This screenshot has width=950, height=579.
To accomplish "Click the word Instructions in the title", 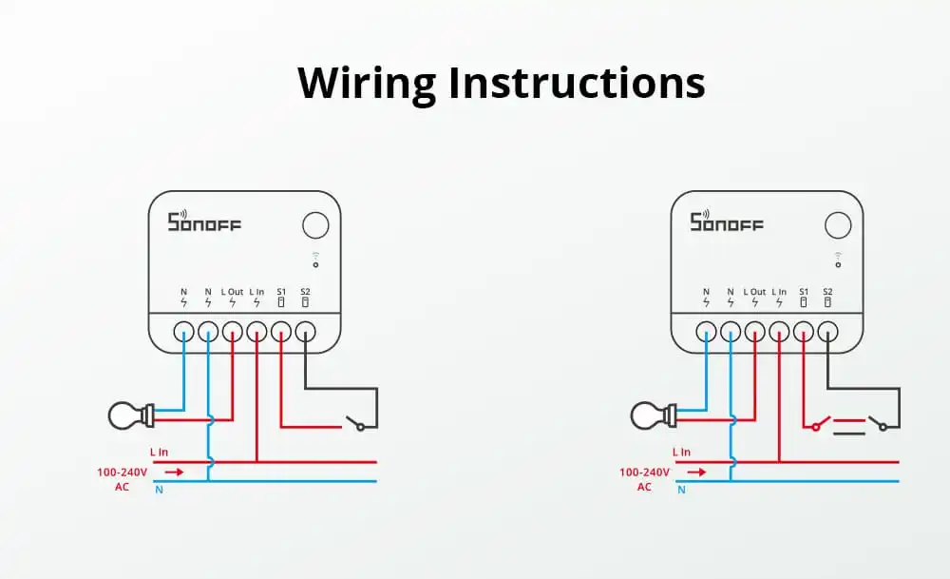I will pyautogui.click(x=577, y=83).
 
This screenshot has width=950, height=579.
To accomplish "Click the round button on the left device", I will pyautogui.click(x=315, y=225).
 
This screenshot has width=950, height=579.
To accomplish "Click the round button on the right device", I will pyautogui.click(x=838, y=225).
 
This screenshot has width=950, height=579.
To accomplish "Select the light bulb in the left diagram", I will pyautogui.click(x=128, y=415).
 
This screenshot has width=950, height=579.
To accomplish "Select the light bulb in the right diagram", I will pyautogui.click(x=651, y=415).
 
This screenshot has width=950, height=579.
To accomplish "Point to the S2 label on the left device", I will pyautogui.click(x=305, y=291).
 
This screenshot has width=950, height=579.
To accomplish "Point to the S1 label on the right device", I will pyautogui.click(x=804, y=291).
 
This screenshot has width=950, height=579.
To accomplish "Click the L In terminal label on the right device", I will pyautogui.click(x=779, y=291).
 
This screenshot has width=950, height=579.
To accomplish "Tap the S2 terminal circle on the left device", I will pyautogui.click(x=305, y=332).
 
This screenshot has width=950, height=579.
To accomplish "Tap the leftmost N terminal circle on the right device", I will pyautogui.click(x=706, y=332).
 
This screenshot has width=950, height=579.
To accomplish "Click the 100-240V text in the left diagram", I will pyautogui.click(x=122, y=472).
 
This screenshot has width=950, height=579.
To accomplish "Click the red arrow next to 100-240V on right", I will pyautogui.click(x=697, y=472).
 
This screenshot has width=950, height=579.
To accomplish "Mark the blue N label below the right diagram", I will pyautogui.click(x=681, y=491).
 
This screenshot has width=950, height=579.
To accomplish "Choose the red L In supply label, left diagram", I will pyautogui.click(x=159, y=453).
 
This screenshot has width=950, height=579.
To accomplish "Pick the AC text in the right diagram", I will pyautogui.click(x=644, y=487).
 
